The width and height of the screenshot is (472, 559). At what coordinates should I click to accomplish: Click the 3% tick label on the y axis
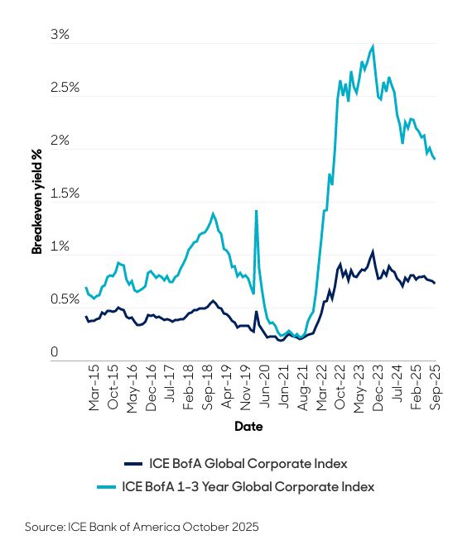coord(60,36)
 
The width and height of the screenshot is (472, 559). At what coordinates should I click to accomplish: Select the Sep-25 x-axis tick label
coord(433,388)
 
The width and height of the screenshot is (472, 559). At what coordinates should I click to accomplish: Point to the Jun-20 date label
coord(267,388)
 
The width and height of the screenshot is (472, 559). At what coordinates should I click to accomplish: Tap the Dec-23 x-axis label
coord(375,388)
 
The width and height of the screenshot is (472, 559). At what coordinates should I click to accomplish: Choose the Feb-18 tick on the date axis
coord(189,388)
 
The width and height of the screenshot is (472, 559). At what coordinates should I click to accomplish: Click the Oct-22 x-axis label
coord(340,388)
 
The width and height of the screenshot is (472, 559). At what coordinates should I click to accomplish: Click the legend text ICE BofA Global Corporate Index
coord(247,462)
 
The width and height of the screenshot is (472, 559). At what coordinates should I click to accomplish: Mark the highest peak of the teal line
coord(373,46)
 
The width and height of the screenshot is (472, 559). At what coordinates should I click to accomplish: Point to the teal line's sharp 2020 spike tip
coord(256,211)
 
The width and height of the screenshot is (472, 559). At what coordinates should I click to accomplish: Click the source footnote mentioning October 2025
coord(142,527)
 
